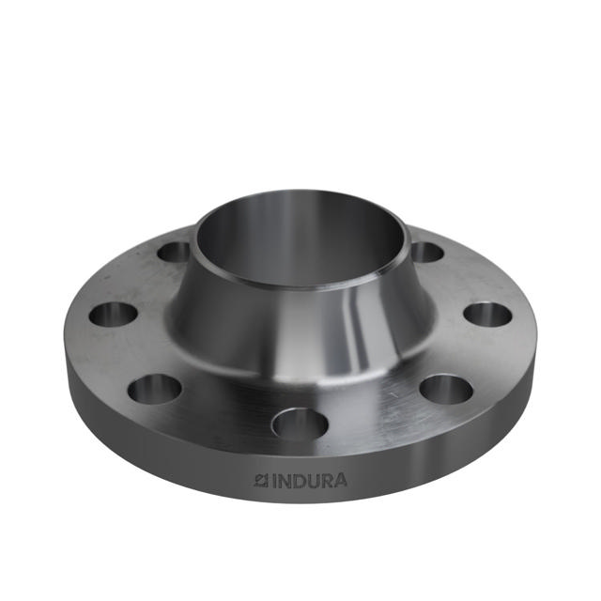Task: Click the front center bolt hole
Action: [300, 424]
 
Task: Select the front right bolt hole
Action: [445, 389]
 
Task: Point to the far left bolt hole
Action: [114, 315]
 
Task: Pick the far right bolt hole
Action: [487, 314]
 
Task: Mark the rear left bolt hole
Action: [174, 252]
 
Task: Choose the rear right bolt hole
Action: [427, 252]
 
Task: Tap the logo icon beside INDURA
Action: [261, 481]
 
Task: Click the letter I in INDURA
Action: [273, 481]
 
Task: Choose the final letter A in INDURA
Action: [339, 481]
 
